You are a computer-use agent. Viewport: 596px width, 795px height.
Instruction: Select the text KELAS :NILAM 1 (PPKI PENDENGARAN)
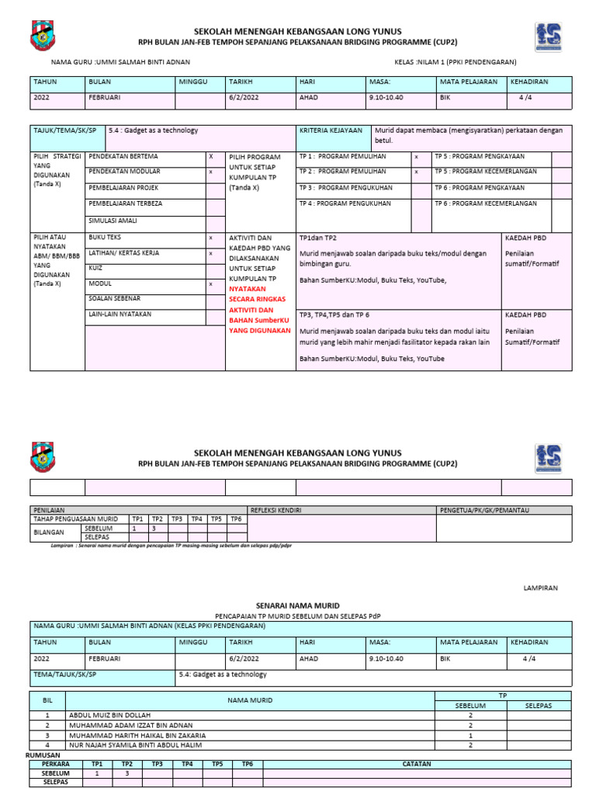pyautogui.click(x=455, y=62)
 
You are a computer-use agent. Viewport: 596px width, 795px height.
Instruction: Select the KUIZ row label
pyautogui.click(x=97, y=267)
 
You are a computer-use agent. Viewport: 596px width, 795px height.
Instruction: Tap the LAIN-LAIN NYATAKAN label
pyautogui.click(x=120, y=314)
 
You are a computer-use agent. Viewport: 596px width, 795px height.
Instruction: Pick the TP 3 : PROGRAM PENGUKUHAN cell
pyautogui.click(x=345, y=188)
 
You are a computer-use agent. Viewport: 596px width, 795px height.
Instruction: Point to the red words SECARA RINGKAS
pyautogui.click(x=257, y=299)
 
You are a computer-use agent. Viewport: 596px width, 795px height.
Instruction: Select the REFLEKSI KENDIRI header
pyautogui.click(x=275, y=510)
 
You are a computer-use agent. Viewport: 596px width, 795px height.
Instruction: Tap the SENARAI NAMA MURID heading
pyautogui.click(x=298, y=605)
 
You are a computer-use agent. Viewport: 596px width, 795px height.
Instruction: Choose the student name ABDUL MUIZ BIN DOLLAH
pyautogui.click(x=110, y=714)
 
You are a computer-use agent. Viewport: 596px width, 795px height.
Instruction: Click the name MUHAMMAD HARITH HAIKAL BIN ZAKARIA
pyautogui.click(x=137, y=734)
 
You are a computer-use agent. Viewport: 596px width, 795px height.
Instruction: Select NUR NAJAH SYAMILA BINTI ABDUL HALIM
pyautogui.click(x=135, y=745)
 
